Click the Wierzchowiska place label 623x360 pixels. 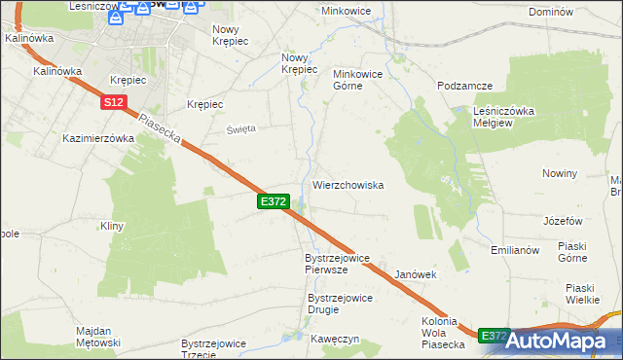pyautogui.click(x=348, y=185)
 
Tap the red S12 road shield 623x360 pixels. pyautogui.click(x=113, y=101)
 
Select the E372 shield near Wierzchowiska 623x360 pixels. pyautogui.click(x=273, y=200)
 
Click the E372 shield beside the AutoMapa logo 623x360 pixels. pyautogui.click(x=495, y=335)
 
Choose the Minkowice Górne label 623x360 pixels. pyautogui.click(x=361, y=79)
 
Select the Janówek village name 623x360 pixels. pyautogui.click(x=416, y=275)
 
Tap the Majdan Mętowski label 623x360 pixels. pyautogui.click(x=98, y=337)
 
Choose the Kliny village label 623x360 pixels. pyautogui.click(x=111, y=226)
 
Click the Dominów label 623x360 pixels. pyautogui.click(x=575, y=12)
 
